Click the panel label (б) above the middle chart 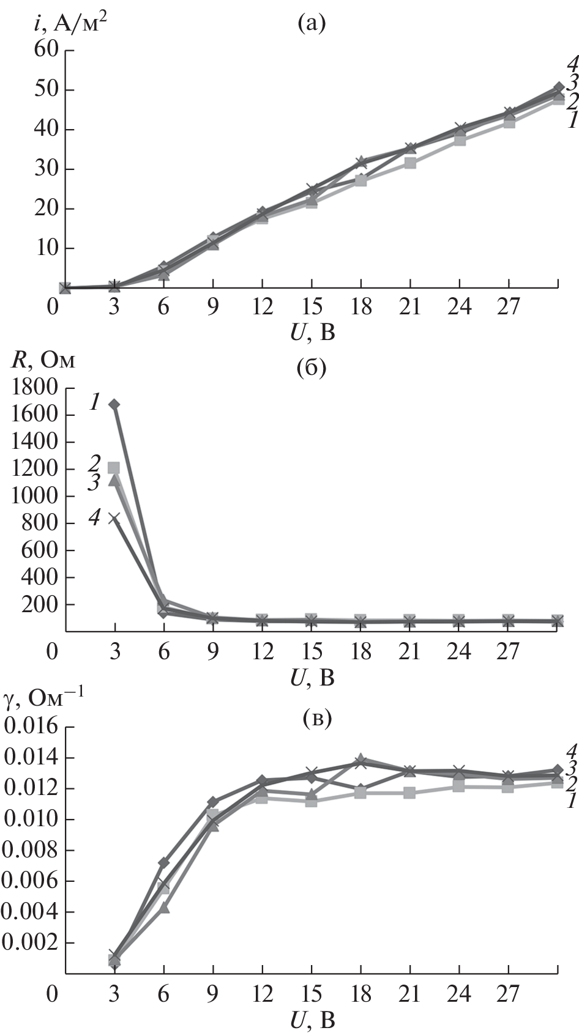coord(310,369)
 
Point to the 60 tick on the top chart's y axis coord(43,51)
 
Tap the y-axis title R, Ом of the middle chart coord(42,360)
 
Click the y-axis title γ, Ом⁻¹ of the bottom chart coord(46,698)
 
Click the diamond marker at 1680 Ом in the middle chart coord(114,404)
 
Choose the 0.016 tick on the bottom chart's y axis coord(31,728)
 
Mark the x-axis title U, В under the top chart coord(313,332)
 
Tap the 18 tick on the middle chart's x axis coord(361,652)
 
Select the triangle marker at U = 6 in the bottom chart coord(164,908)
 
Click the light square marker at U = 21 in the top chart coord(410,163)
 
